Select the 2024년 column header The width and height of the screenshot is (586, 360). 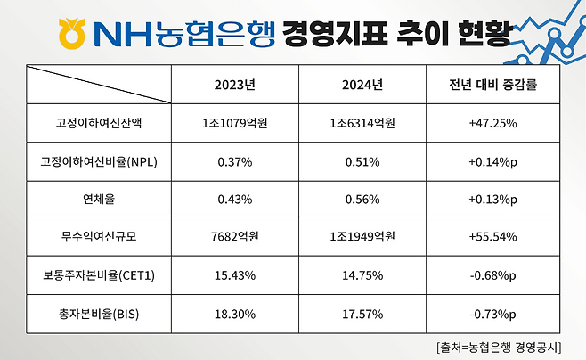pyautogui.click(x=362, y=86)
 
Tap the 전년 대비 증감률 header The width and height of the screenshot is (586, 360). pyautogui.click(x=492, y=86)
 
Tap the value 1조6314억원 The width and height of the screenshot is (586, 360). pyautogui.click(x=362, y=123)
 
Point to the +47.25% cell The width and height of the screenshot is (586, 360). pyautogui.click(x=492, y=123)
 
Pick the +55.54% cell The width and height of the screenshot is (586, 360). pyautogui.click(x=492, y=237)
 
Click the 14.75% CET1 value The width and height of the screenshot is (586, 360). pyautogui.click(x=362, y=275)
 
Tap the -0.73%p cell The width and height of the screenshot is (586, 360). pyautogui.click(x=492, y=314)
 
